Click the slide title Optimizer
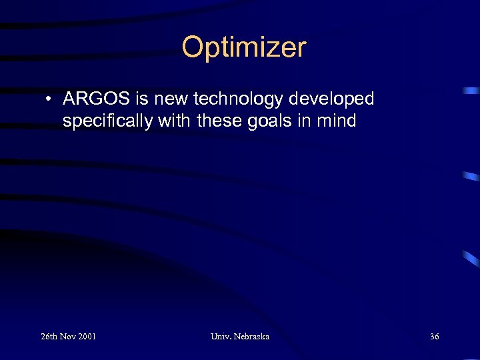pyautogui.click(x=244, y=48)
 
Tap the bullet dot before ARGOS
pyautogui.click(x=50, y=100)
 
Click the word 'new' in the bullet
pyautogui.click(x=170, y=99)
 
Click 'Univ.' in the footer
pyautogui.click(x=221, y=337)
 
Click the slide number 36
pyautogui.click(x=434, y=337)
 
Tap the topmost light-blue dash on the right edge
pyautogui.click(x=472, y=89)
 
